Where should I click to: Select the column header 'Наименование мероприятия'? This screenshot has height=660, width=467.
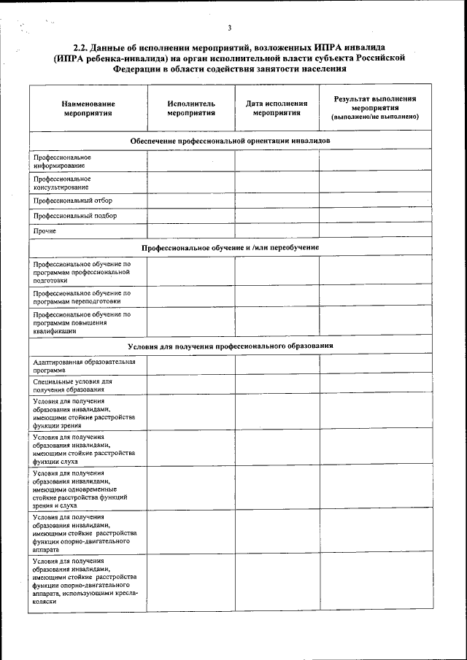pos(88,109)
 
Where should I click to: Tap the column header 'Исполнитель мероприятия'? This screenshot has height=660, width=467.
pos(190,109)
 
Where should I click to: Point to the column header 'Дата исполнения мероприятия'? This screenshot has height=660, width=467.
pos(277,109)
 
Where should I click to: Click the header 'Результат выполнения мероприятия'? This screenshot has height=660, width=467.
pos(374,107)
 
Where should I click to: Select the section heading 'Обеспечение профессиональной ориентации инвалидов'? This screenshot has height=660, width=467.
pos(230,140)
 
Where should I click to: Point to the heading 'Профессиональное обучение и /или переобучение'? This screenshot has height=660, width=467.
pos(230,248)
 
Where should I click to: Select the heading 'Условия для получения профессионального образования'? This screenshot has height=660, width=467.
pos(230,346)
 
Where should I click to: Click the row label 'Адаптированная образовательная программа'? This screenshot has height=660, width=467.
pos(84,365)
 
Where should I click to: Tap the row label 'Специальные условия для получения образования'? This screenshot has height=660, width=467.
pos(72,385)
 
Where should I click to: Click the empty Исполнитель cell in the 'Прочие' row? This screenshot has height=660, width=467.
pos(190,232)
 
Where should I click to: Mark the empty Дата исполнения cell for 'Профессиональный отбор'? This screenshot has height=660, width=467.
pos(277,201)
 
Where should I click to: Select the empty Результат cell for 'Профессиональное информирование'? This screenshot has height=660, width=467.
pos(374,161)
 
